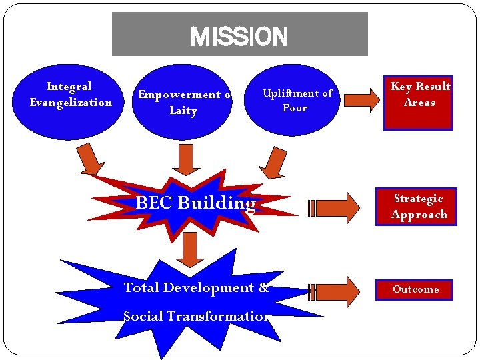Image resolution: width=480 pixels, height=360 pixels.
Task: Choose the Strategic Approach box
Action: pyautogui.click(x=419, y=207)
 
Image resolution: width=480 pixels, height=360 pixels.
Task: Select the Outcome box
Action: pyautogui.click(x=415, y=289)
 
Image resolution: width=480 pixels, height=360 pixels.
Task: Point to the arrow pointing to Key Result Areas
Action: pyautogui.click(x=364, y=101)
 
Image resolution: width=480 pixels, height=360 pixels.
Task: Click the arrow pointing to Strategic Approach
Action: pyautogui.click(x=335, y=208)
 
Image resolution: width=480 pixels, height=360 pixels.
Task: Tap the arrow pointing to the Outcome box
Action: pyautogui.click(x=335, y=291)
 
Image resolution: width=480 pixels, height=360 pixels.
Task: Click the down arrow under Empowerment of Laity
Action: pyautogui.click(x=187, y=160)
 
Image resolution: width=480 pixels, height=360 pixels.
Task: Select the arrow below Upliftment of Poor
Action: pyautogui.click(x=274, y=162)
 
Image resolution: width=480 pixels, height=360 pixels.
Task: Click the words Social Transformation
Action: pyautogui.click(x=196, y=316)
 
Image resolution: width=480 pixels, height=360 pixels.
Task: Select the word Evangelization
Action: pyautogui.click(x=71, y=102)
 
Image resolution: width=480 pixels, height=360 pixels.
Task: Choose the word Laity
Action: pyautogui.click(x=183, y=110)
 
